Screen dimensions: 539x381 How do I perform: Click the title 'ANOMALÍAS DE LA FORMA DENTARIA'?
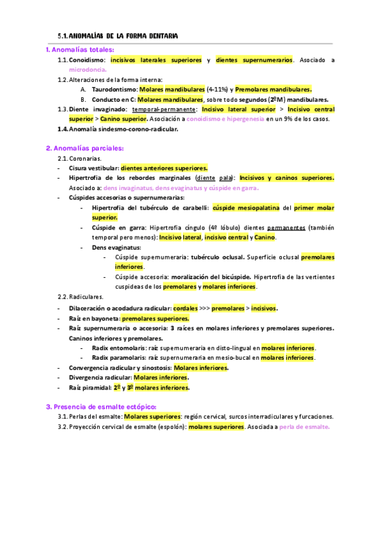123,36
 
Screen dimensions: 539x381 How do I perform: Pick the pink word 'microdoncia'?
88,69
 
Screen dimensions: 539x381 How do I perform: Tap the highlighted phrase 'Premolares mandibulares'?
273,90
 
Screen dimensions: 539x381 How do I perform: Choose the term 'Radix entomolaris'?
118,348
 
